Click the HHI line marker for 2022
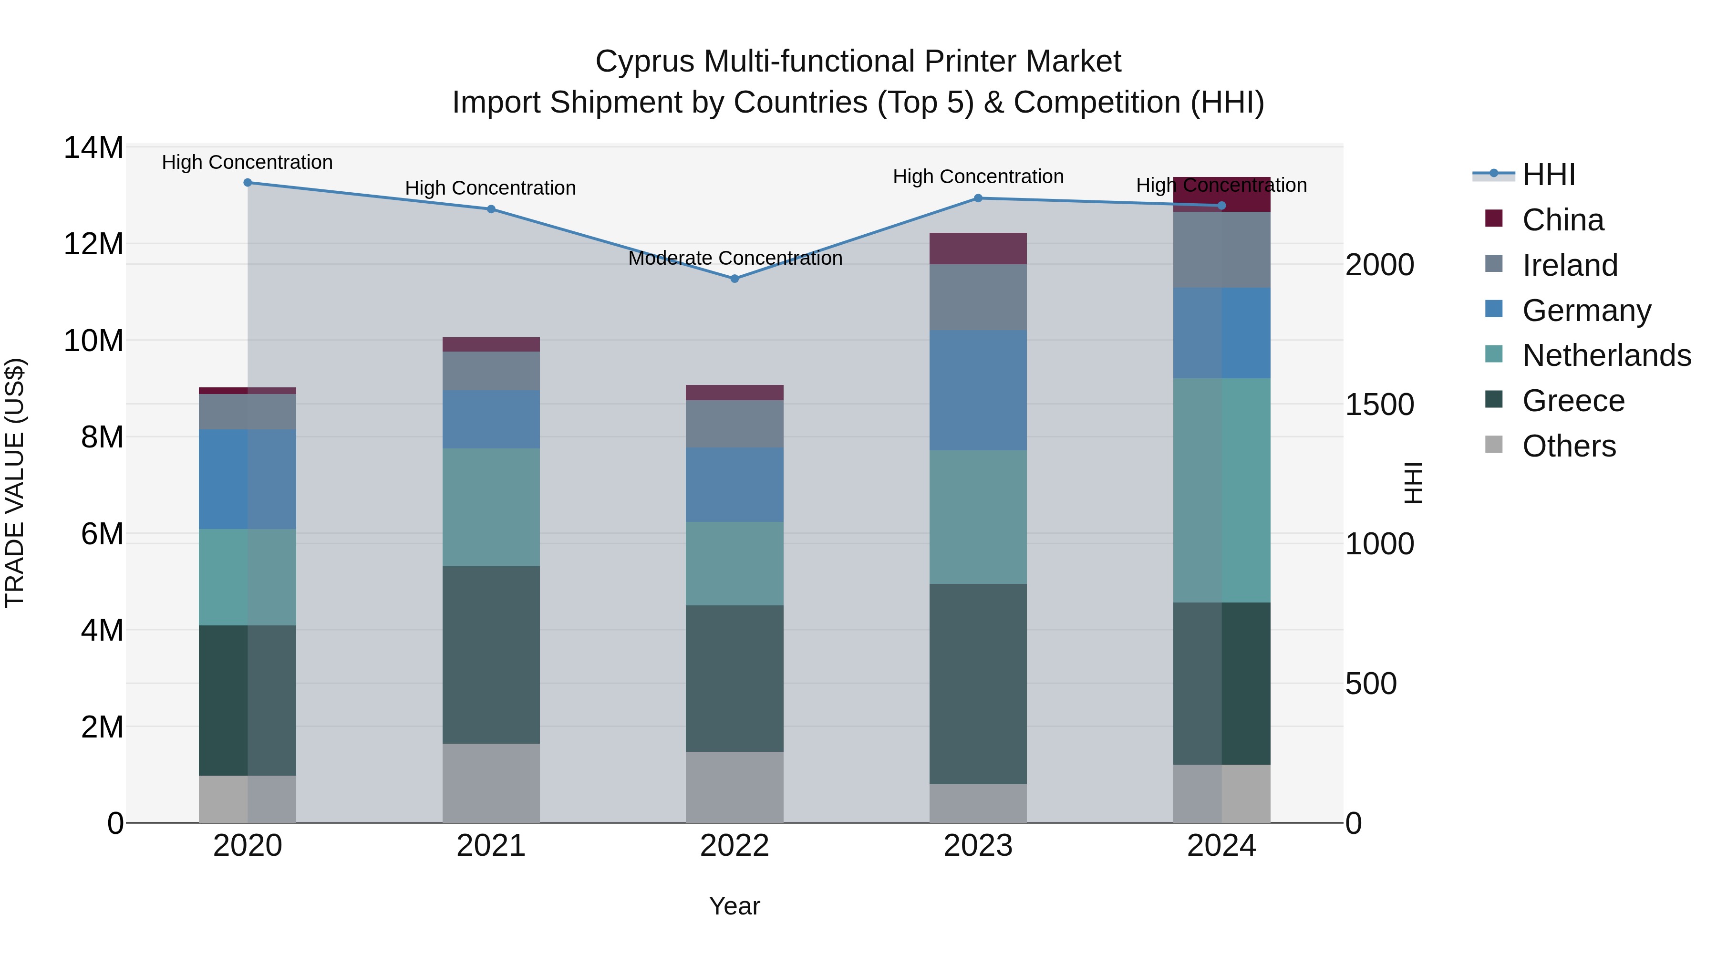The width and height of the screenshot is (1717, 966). tap(734, 279)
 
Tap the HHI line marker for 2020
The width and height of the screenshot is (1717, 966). tap(247, 183)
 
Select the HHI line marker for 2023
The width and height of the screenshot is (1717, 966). tap(978, 198)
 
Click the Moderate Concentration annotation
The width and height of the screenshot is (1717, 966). tap(734, 258)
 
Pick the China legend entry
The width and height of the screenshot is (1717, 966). tap(1562, 220)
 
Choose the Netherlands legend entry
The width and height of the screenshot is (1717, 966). tap(1606, 355)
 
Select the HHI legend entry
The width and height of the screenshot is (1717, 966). tap(1548, 175)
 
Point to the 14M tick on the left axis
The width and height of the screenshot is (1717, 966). tap(93, 147)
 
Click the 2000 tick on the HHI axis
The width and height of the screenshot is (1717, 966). tap(1379, 265)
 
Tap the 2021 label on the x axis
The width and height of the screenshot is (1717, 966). tap(491, 846)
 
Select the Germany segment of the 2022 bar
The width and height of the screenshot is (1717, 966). tap(734, 485)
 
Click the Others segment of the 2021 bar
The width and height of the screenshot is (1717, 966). tap(491, 783)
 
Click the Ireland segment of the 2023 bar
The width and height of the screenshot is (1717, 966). tap(978, 297)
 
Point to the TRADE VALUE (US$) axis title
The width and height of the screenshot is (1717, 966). tap(15, 483)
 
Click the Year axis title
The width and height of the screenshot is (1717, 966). tap(734, 906)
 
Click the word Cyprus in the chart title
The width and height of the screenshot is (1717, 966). tap(644, 62)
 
